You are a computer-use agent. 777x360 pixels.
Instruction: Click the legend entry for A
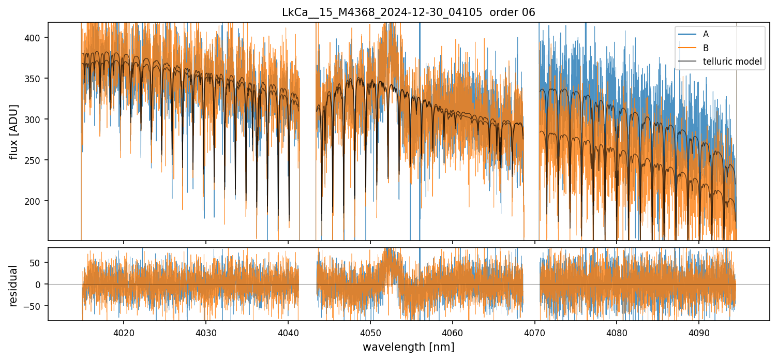pos(706,34)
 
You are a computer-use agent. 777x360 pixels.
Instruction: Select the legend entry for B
pos(706,48)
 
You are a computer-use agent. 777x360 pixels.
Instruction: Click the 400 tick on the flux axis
pos(37,38)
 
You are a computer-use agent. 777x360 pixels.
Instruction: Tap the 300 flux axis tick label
pos(37,119)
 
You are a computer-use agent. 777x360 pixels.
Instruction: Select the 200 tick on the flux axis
pos(37,201)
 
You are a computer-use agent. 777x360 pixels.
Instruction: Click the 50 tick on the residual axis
pos(39,262)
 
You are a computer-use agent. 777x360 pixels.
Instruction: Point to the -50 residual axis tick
pos(37,306)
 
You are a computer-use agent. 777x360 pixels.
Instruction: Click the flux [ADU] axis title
pos(14,131)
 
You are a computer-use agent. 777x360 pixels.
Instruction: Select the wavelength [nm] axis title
pos(408,347)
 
